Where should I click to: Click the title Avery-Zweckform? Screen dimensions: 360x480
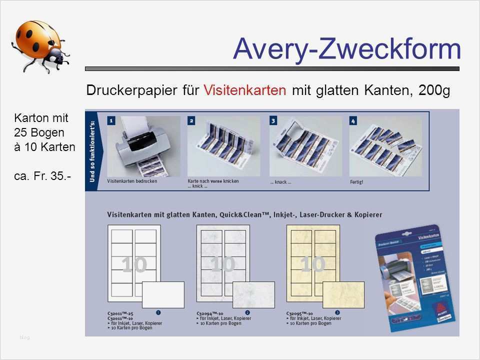[x=346, y=49]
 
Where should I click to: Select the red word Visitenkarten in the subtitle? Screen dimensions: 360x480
[x=245, y=90]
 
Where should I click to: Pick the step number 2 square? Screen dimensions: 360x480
[x=191, y=120]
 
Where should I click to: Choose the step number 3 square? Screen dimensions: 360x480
[x=273, y=120]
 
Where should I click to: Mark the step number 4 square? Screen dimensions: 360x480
[x=353, y=120]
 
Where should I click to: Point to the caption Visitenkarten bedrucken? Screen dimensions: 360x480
[x=132, y=181]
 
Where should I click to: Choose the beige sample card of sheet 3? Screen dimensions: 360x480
[x=343, y=294]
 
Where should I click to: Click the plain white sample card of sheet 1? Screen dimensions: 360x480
[x=163, y=294]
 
